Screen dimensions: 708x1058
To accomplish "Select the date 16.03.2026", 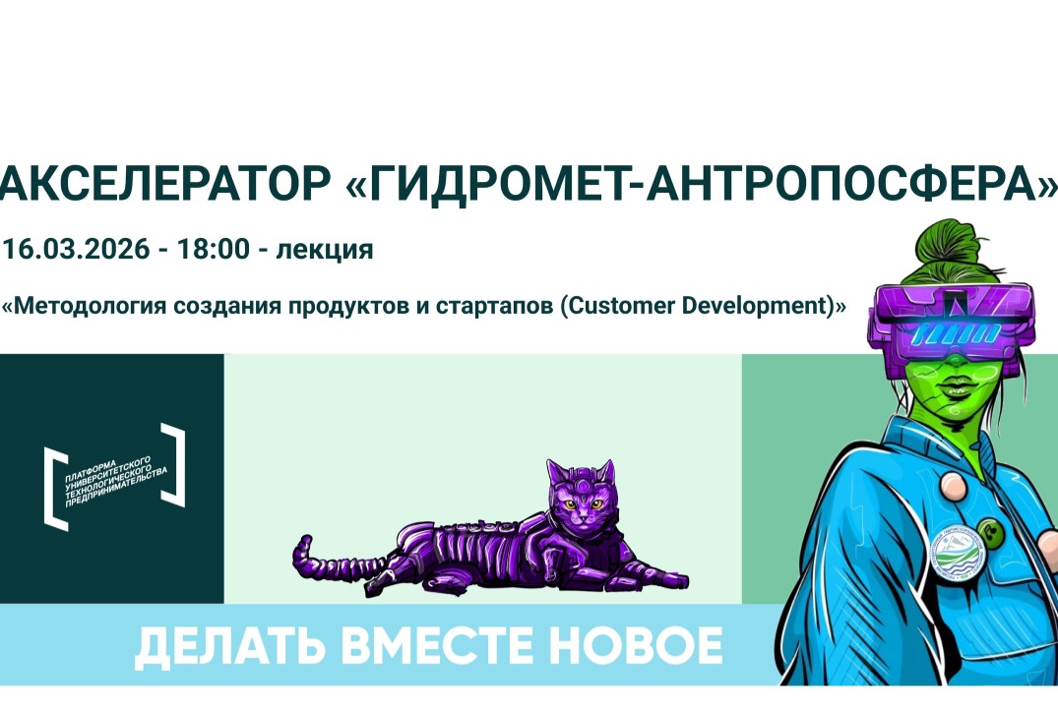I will point(76,249).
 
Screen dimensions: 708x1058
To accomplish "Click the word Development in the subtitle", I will point(758,306).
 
